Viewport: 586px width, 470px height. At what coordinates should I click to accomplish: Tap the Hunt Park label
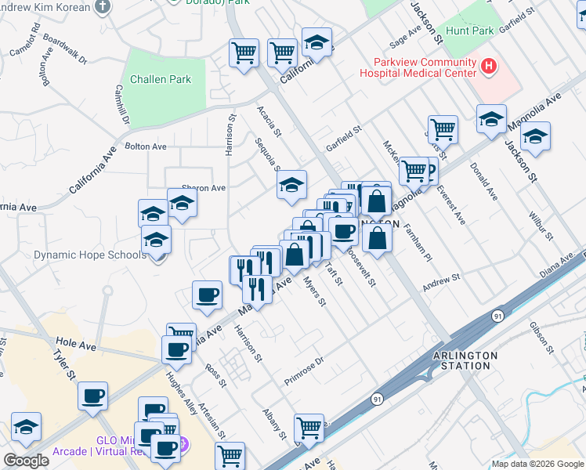pos(469,31)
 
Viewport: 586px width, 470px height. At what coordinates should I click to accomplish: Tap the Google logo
pos(26,460)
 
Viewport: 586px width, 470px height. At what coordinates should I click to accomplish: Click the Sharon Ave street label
pos(204,188)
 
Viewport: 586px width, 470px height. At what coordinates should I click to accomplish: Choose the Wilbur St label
pos(541,224)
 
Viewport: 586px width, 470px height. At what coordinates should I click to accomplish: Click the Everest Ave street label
pos(451,204)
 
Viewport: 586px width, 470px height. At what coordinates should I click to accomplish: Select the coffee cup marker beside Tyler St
pos(92,396)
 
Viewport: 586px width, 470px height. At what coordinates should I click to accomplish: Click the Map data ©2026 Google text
pos(537,463)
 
